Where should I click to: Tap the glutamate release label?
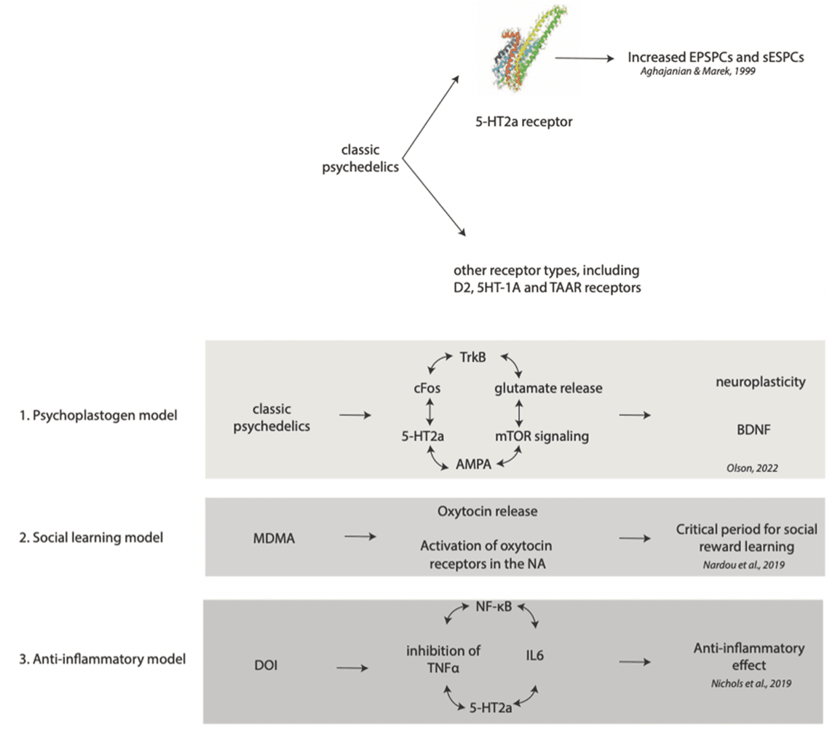[x=548, y=388]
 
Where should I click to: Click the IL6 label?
[x=534, y=655]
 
